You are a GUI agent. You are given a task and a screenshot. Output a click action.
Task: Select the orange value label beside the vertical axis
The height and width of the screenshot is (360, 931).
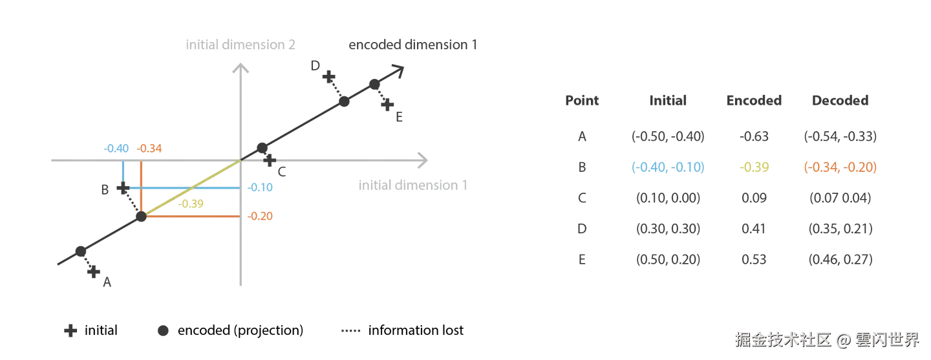(x=261, y=215)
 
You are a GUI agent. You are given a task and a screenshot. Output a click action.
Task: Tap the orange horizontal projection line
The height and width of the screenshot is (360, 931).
(x=194, y=216)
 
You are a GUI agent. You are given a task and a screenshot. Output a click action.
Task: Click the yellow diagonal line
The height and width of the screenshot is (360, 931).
(x=194, y=187)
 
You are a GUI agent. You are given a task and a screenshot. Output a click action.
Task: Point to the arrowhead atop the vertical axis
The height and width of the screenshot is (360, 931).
(x=241, y=65)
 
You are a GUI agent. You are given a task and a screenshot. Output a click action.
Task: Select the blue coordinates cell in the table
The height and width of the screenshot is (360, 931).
(x=668, y=167)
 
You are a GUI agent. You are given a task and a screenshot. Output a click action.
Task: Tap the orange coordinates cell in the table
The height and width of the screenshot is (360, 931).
(x=839, y=167)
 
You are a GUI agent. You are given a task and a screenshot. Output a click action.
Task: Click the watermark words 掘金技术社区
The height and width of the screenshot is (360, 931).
(x=781, y=338)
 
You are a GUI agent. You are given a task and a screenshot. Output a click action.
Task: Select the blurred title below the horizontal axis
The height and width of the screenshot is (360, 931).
(x=412, y=185)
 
